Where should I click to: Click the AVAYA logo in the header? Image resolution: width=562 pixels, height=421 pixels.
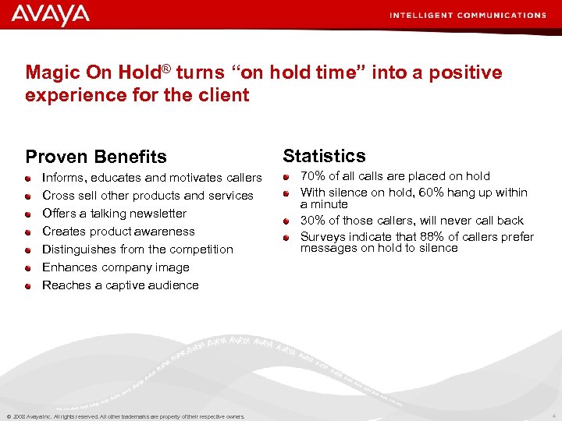point(51,15)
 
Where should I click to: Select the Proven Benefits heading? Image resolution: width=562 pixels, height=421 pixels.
point(96,157)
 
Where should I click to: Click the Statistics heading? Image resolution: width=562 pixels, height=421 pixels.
point(324,155)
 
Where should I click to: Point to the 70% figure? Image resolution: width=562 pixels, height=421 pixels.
point(313,176)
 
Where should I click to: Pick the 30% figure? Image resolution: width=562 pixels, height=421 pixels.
point(313,221)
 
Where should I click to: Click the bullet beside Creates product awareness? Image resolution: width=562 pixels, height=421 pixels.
point(27,232)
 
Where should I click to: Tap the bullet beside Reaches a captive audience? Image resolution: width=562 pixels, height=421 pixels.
point(27,286)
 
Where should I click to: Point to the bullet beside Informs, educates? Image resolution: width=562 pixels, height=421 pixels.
point(27,179)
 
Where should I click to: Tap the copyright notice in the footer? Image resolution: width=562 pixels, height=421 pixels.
point(125,416)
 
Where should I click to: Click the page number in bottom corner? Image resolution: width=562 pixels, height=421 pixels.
point(553,416)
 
